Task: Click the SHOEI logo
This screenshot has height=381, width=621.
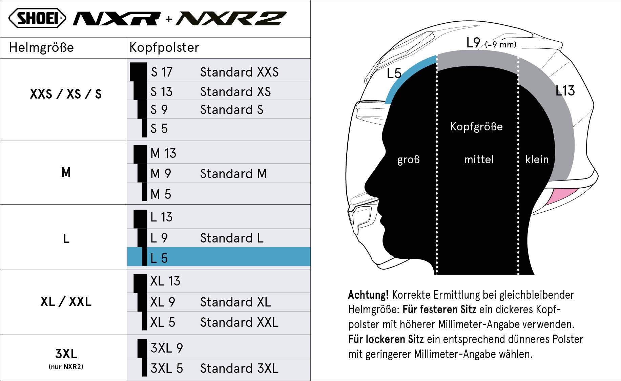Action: pos(37,18)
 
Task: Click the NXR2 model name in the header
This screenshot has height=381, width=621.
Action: pos(231,19)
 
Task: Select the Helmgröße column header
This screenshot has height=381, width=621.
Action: pos(41,47)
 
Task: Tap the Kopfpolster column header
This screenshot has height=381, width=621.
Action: pos(164,47)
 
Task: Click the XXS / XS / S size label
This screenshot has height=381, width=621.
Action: pos(66,94)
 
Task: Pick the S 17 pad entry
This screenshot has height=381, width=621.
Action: pos(162,72)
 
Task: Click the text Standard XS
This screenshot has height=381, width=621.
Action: pos(235,92)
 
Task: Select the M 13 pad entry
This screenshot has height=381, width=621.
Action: pos(163,153)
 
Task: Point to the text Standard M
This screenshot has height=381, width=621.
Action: pos(233,174)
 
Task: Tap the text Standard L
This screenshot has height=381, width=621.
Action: pos(232,238)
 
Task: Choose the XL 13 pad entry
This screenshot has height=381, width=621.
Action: pos(165,281)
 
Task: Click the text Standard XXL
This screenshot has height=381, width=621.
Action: pos(239,322)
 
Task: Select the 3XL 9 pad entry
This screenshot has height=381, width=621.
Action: pos(167,348)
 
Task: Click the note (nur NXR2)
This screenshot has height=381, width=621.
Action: pos(66,367)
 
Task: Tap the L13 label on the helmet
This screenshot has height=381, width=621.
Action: pos(565,91)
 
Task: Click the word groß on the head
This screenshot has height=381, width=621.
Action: pos(408,160)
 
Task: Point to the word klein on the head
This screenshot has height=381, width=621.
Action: pos(537,160)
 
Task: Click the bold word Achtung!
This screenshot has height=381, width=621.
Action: pos(368,295)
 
